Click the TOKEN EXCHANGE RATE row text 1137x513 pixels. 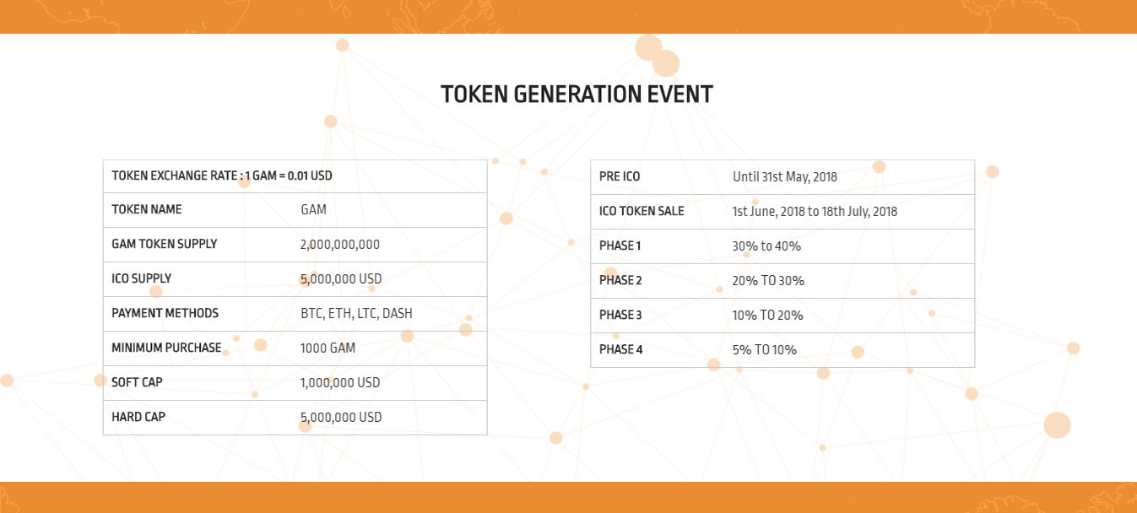tap(222, 175)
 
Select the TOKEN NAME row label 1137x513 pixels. tap(147, 209)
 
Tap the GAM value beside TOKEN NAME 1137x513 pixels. tap(313, 209)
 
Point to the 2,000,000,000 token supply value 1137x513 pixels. tap(339, 245)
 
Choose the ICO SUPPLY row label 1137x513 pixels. tap(142, 278)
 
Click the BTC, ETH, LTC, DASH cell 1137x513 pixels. tap(356, 314)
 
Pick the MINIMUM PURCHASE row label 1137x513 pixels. tap(166, 348)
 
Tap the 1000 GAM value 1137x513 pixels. tap(328, 348)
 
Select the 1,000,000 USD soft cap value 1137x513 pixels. tap(340, 382)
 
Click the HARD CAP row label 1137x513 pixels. tap(138, 417)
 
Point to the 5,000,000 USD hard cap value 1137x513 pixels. tap(340, 417)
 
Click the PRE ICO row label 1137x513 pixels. tap(620, 176)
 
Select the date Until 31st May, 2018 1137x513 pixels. tap(785, 177)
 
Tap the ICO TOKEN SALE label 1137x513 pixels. tap(642, 211)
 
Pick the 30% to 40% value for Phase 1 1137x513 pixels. tap(766, 246)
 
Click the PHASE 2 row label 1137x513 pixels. tap(620, 280)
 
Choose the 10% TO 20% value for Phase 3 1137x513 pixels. tap(767, 315)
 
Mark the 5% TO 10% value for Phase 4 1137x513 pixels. tap(765, 349)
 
